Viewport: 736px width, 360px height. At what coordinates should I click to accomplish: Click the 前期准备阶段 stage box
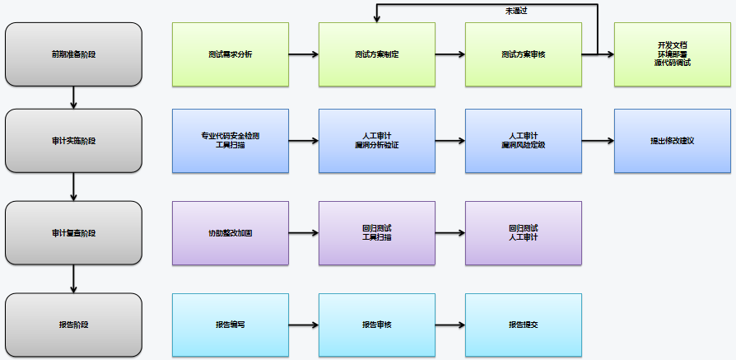[73, 54]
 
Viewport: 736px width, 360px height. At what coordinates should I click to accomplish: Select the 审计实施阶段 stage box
[73, 141]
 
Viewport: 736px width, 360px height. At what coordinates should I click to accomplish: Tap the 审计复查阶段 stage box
[73, 233]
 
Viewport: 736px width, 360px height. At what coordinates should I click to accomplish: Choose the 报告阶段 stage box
[73, 325]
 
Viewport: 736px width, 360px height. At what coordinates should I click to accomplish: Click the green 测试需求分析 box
[231, 54]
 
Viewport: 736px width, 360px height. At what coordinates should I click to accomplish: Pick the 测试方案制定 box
[377, 54]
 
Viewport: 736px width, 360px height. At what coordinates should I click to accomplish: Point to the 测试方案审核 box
[524, 54]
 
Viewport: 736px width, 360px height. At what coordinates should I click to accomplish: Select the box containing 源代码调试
[672, 54]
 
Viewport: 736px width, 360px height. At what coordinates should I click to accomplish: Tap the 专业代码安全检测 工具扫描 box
[231, 141]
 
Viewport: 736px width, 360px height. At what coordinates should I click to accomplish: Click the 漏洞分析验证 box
[377, 141]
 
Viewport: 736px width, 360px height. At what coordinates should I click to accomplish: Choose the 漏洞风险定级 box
[524, 141]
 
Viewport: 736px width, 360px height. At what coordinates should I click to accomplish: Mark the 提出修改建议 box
[672, 141]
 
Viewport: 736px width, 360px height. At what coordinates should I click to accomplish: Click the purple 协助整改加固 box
[231, 233]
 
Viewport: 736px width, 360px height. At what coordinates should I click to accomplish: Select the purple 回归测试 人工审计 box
[524, 233]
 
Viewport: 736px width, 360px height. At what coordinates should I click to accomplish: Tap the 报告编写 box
[231, 325]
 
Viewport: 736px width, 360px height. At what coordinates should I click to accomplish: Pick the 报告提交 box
[524, 325]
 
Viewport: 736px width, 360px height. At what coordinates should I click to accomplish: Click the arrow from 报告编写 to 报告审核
[304, 325]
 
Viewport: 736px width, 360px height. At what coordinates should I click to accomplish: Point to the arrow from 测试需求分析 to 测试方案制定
[304, 54]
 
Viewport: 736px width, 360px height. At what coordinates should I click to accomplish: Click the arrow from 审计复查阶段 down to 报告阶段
[74, 279]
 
